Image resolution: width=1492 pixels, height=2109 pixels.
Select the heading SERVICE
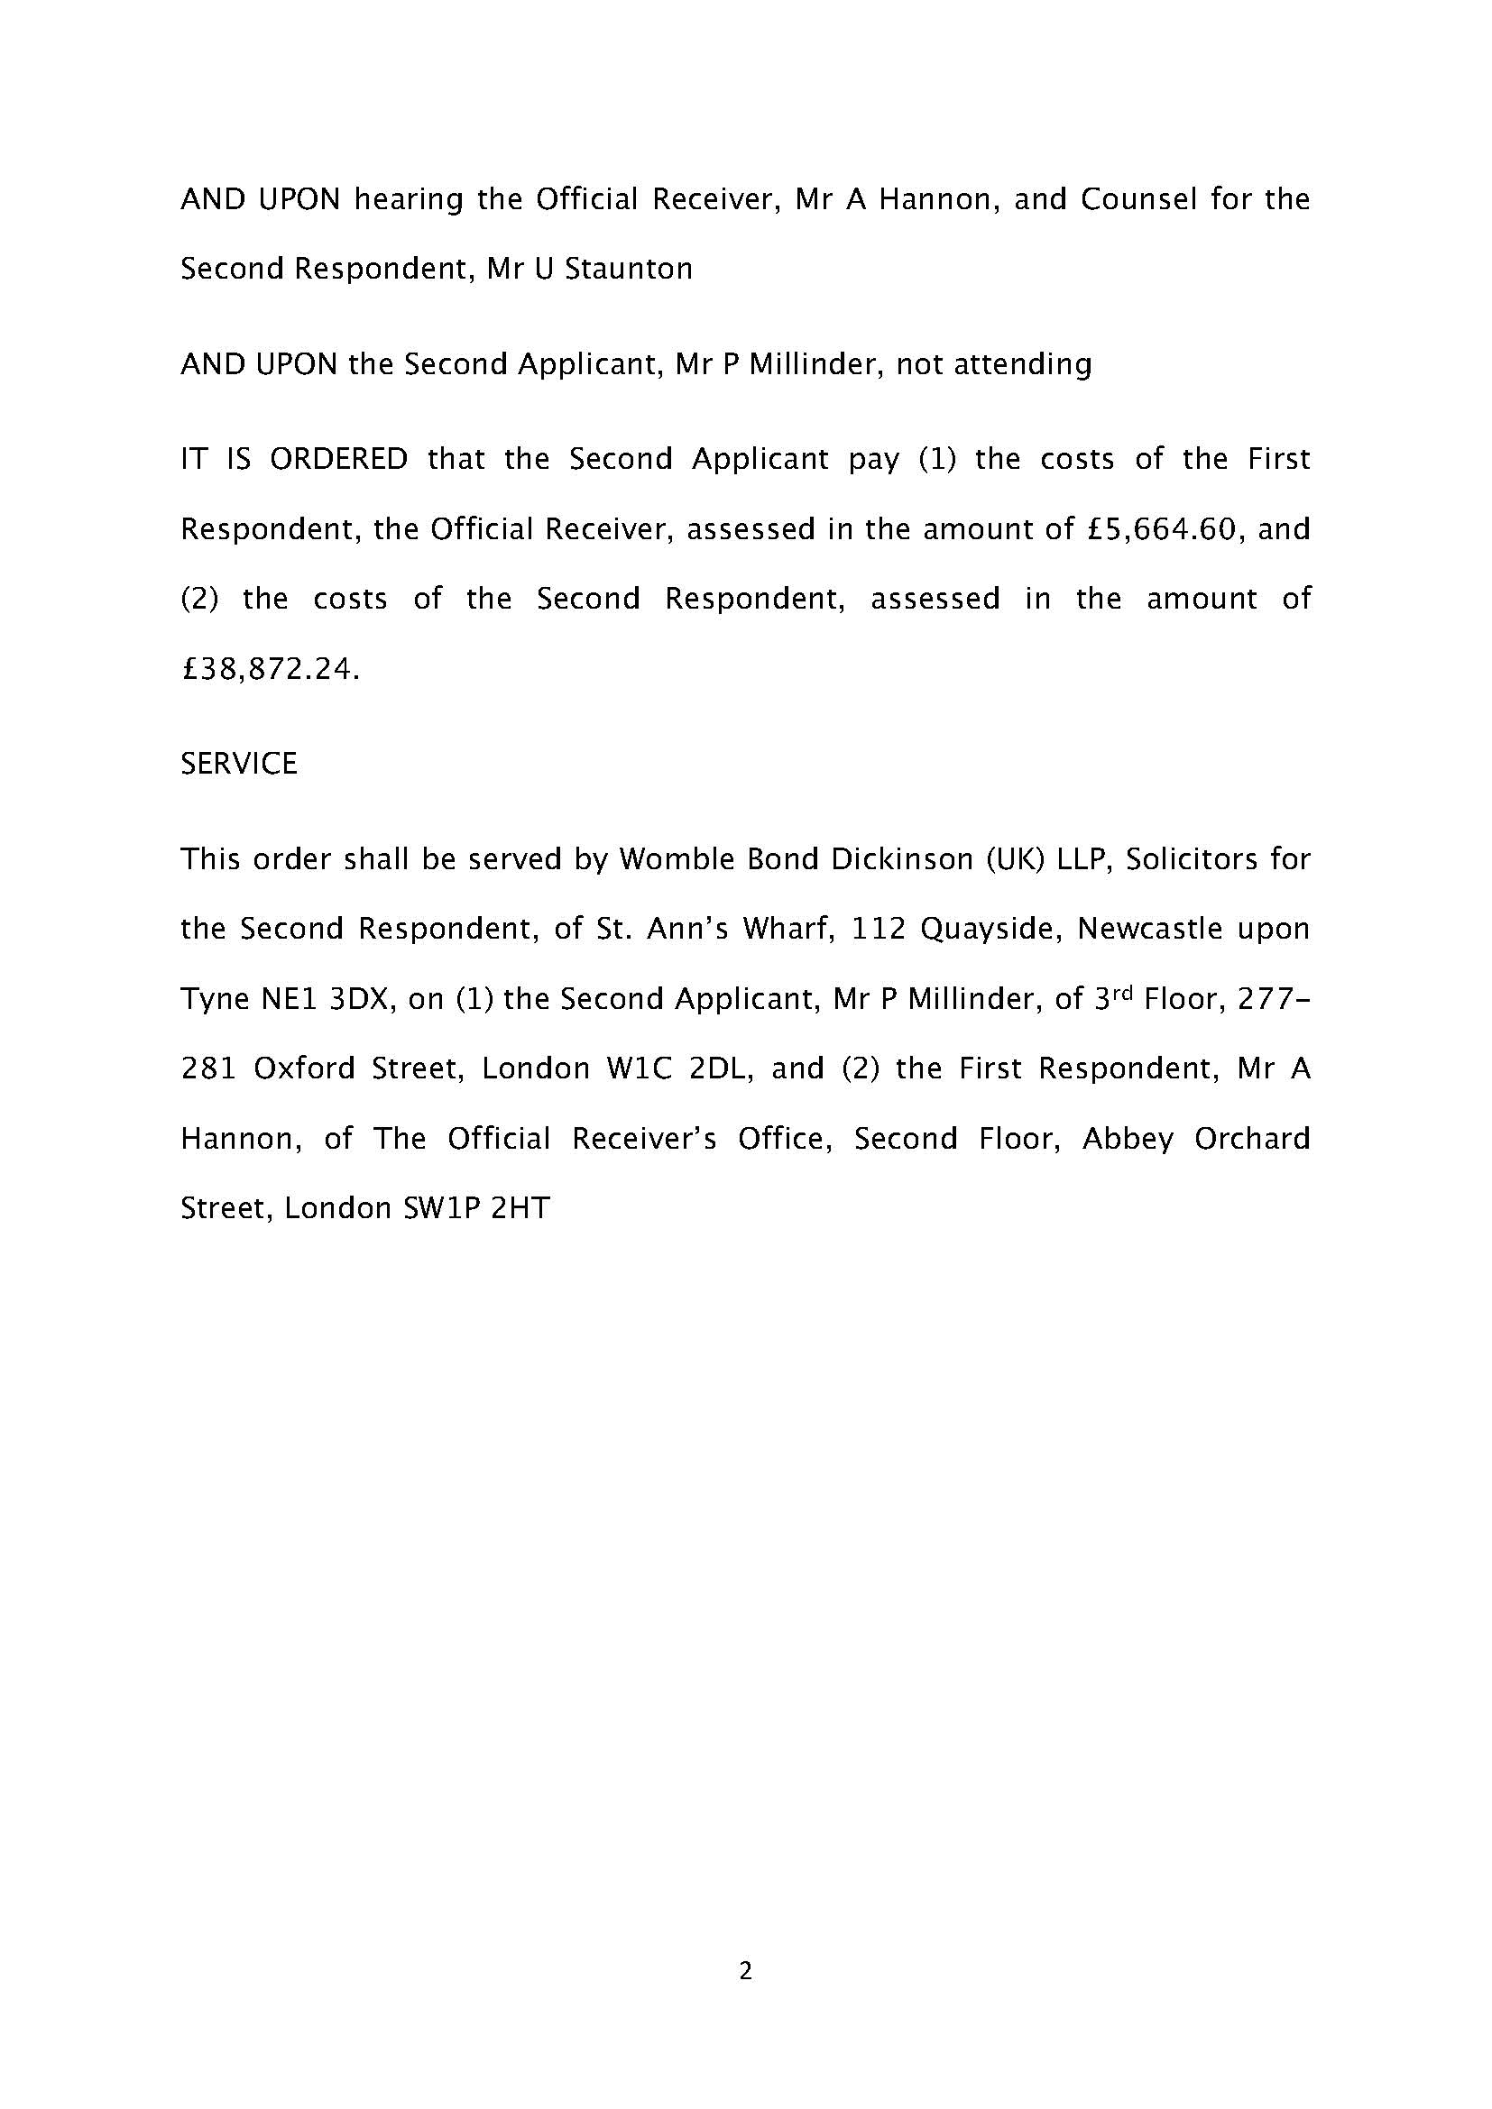click(239, 764)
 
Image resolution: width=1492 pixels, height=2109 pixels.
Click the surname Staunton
click(629, 269)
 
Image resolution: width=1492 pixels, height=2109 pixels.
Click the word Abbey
click(1128, 1139)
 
